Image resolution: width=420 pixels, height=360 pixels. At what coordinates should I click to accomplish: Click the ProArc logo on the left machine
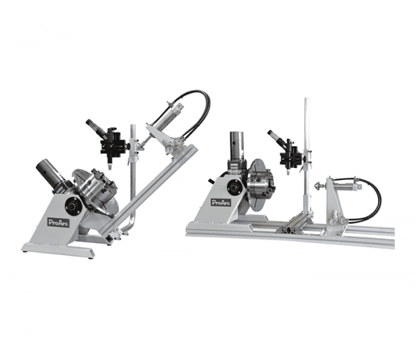58,222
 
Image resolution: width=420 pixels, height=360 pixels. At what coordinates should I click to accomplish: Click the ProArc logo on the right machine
220,202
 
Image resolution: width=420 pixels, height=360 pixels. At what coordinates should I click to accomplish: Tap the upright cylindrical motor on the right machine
237,146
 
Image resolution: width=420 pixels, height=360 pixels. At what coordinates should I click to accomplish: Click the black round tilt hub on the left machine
73,206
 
